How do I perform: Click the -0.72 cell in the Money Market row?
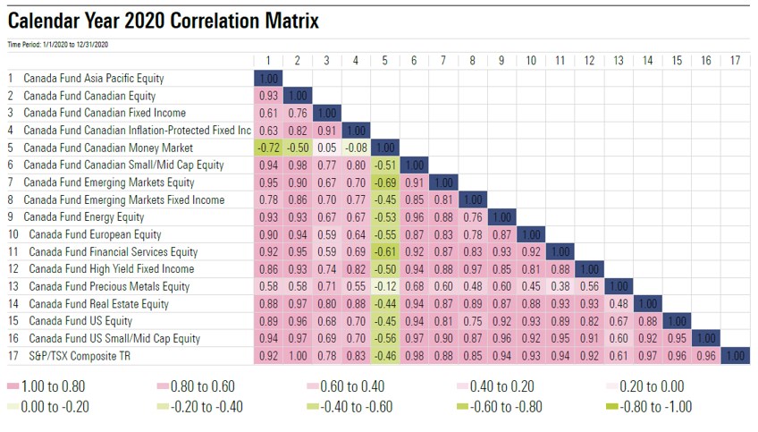[x=267, y=148]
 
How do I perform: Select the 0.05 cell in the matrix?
[x=326, y=148]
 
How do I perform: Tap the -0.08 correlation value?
[x=355, y=148]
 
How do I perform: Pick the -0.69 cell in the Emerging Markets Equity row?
[x=384, y=182]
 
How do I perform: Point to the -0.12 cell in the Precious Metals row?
[x=384, y=286]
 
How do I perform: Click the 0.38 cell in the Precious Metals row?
[x=560, y=286]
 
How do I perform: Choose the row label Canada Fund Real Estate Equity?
[x=98, y=304]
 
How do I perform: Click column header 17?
[x=735, y=61]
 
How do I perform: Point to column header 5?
[x=384, y=61]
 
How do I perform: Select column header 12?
[x=589, y=61]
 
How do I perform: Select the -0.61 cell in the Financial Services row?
[x=384, y=252]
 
